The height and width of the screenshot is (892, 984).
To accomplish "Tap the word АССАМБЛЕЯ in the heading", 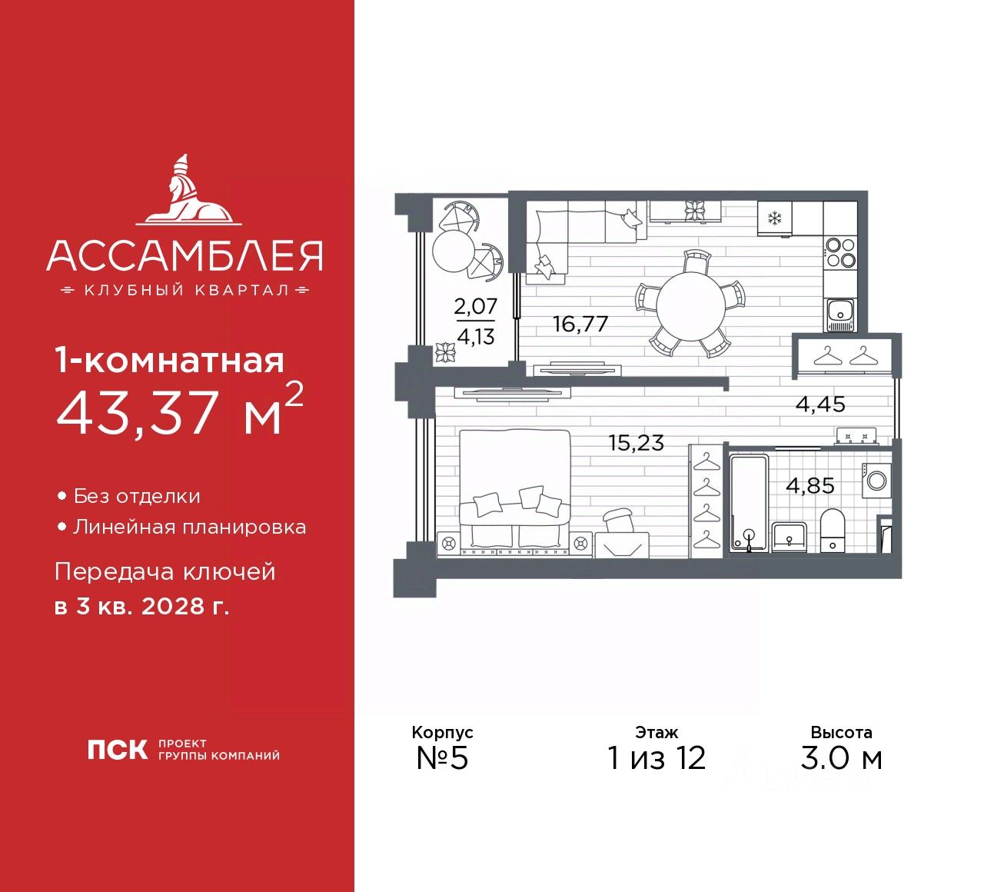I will [x=184, y=256].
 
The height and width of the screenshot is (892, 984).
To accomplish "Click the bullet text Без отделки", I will [x=137, y=497].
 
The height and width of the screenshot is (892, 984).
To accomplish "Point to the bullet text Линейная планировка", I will [x=189, y=528].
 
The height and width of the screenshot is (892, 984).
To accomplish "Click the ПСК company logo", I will [x=117, y=750].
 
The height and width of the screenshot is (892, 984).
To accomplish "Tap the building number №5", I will [x=442, y=758].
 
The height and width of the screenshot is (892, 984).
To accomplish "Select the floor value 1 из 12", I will [x=657, y=758].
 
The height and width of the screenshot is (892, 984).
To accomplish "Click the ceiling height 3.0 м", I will [x=841, y=758].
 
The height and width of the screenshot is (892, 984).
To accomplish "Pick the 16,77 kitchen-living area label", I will [x=580, y=324].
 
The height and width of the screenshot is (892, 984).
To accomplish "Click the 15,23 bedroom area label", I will [x=636, y=443].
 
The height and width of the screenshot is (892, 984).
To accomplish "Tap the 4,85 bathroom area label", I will [x=809, y=486].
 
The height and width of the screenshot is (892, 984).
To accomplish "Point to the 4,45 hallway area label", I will [x=820, y=404].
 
